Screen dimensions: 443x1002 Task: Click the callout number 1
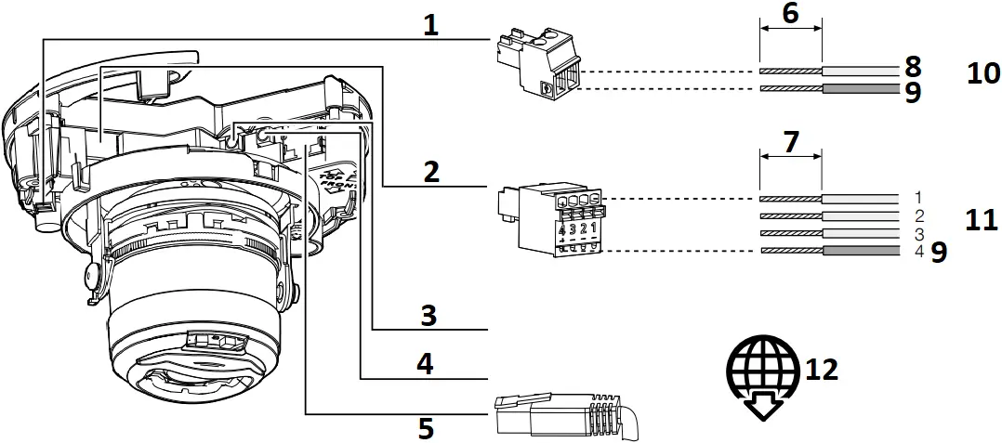pyautogui.click(x=430, y=25)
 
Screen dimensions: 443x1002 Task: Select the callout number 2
pyautogui.click(x=430, y=172)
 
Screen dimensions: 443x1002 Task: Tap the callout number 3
pyautogui.click(x=428, y=315)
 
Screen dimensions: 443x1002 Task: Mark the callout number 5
pyautogui.click(x=426, y=428)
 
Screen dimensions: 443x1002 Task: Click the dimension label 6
pyautogui.click(x=790, y=15)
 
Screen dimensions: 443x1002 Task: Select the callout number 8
pyautogui.click(x=912, y=66)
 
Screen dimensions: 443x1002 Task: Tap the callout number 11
pyautogui.click(x=981, y=220)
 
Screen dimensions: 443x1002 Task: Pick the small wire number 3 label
pyautogui.click(x=916, y=234)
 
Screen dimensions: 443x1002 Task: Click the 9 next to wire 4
pyautogui.click(x=939, y=253)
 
